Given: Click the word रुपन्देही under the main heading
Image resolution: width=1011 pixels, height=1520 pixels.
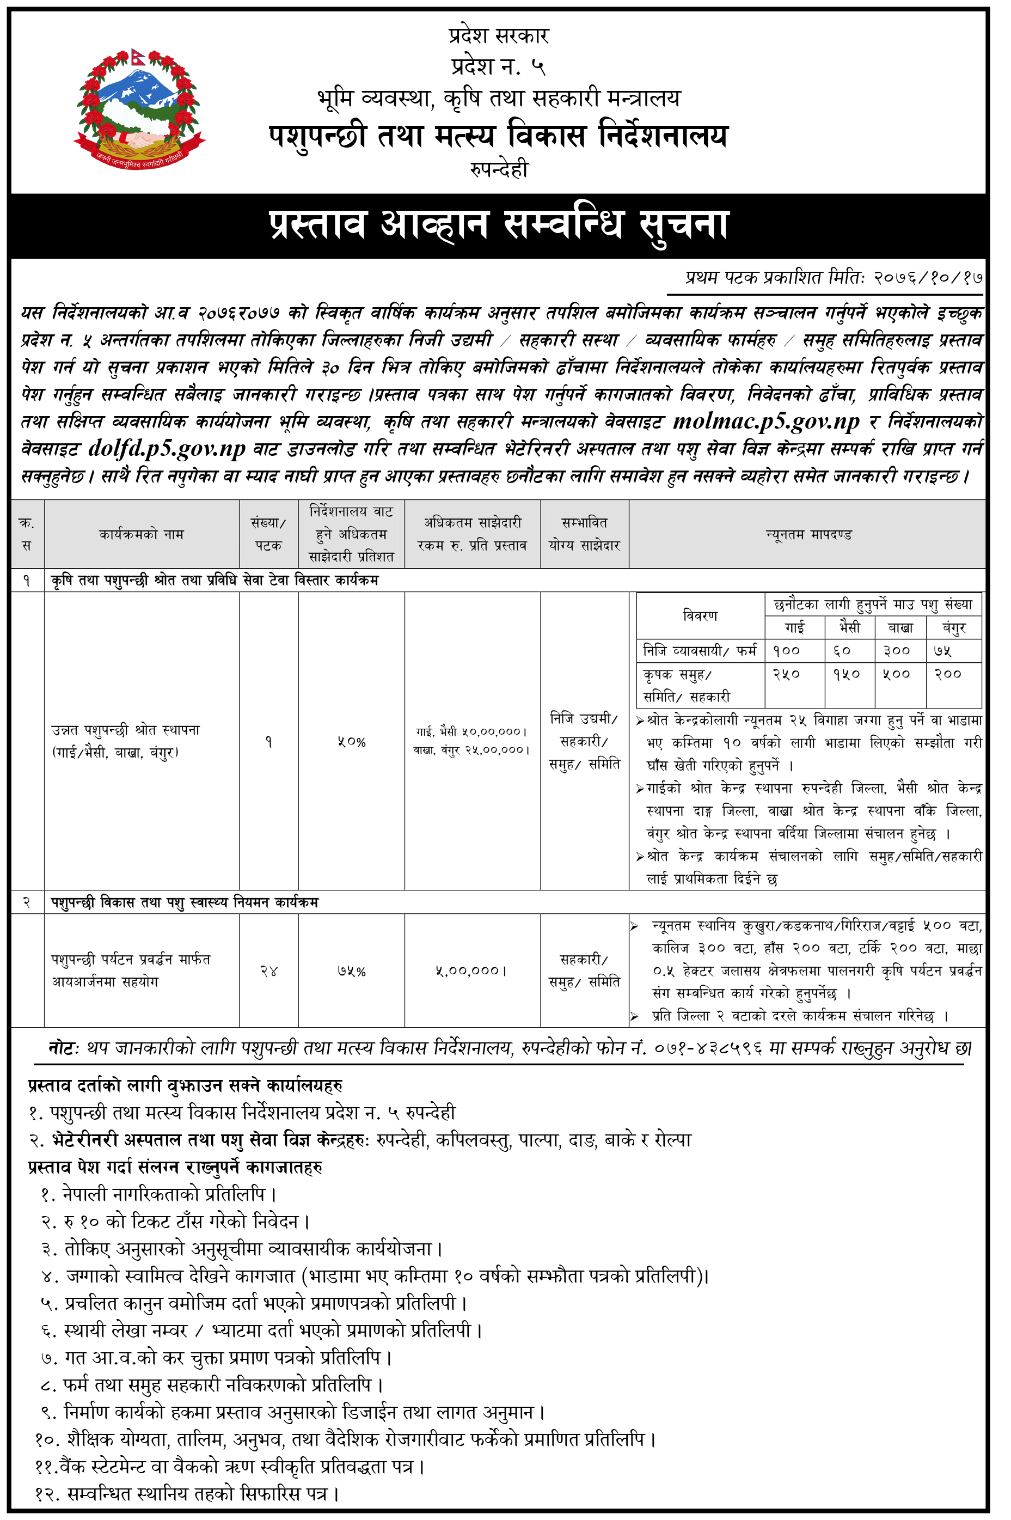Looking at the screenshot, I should click(499, 169).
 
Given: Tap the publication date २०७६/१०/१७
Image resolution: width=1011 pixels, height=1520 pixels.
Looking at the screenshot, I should click(928, 278).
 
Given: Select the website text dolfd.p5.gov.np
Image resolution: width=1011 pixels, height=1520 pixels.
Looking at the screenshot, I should click(167, 449).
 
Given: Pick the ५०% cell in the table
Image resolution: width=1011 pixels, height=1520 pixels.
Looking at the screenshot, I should click(351, 742).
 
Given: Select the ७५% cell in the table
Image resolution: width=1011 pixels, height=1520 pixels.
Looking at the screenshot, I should click(351, 971).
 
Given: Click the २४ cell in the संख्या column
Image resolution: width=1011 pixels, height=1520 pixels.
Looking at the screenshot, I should click(268, 971).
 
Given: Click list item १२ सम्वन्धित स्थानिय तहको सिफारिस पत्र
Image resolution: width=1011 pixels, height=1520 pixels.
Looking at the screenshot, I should click(187, 1494).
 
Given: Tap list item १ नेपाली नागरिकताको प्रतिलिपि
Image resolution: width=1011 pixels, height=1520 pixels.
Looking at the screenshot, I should click(158, 1195).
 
